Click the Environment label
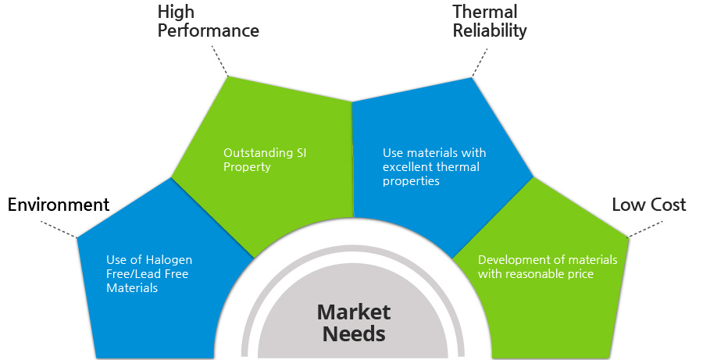59,205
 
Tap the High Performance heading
208,21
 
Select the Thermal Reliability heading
490,21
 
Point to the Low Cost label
649,205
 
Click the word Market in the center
354,312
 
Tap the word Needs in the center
354,334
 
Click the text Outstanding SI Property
265,159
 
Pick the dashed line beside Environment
59,229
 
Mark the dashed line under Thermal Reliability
480,62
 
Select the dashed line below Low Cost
644,229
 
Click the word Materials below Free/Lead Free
132,288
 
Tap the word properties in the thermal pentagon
411,182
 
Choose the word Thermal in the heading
484,12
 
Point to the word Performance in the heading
208,31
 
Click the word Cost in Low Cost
668,205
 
